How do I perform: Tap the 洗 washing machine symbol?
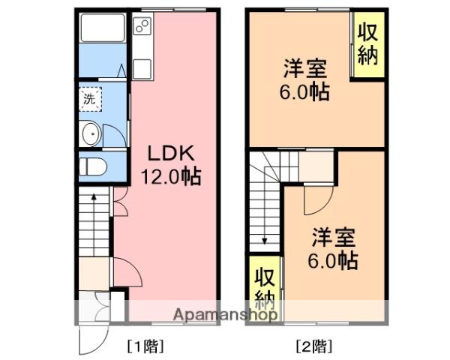point(90,98)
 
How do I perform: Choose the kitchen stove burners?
point(142,28)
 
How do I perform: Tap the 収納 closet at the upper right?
point(367,45)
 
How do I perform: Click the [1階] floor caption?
point(144,346)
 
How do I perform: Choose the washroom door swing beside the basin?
point(114,135)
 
